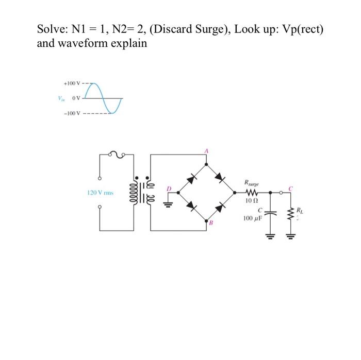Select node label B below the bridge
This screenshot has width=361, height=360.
coord(210,222)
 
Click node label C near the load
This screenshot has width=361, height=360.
coord(291,188)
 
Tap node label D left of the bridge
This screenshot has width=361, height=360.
coord(169,188)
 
